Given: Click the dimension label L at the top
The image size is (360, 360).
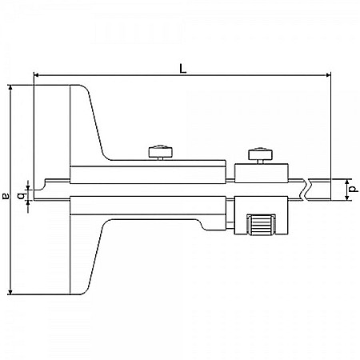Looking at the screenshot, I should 183,69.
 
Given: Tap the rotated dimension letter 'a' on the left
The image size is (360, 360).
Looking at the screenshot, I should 6,194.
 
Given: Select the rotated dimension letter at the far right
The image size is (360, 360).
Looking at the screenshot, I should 353,190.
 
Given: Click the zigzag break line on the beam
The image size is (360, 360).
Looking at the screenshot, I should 303,189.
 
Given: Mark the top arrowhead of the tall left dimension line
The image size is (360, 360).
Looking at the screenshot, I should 10,87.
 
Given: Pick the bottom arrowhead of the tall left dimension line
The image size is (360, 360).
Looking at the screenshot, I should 10,291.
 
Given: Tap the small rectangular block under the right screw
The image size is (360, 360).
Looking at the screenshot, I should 262,171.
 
